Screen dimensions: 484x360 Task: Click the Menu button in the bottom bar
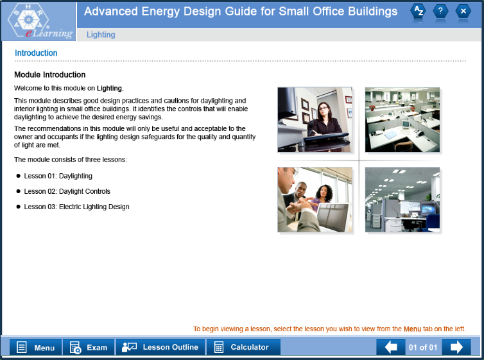35,347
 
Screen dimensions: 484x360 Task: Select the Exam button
89,347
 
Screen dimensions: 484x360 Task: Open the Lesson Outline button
160,347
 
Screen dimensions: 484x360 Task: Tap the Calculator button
243,347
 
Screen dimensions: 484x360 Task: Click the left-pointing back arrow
391,347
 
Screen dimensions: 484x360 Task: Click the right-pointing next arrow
456,347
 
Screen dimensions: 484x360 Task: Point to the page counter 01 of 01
423,348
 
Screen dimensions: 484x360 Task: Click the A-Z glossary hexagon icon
418,12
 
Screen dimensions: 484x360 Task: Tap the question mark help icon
440,12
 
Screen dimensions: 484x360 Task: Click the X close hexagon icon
463,12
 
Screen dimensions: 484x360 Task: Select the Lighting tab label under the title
101,35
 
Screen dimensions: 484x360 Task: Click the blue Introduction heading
36,53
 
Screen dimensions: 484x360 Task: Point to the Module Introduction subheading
49,74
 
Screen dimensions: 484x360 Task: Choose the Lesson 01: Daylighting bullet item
58,176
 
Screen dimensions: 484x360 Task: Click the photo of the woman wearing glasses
315,120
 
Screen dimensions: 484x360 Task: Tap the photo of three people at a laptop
315,200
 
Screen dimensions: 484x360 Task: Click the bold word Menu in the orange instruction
412,329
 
